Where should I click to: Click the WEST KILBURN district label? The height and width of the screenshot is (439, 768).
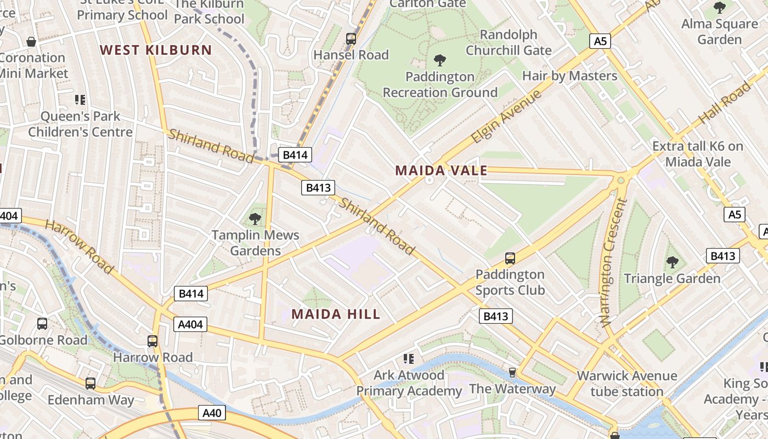tap(156, 50)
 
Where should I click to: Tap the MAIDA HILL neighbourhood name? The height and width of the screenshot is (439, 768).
tap(336, 314)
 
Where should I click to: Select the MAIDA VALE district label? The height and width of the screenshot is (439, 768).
tap(441, 170)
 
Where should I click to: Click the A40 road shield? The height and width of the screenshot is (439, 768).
tap(212, 413)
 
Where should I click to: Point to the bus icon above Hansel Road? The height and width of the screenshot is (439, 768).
tap(351, 39)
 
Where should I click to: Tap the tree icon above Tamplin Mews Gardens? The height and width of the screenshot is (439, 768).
tap(255, 219)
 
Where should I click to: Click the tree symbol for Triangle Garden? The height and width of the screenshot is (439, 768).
tap(672, 262)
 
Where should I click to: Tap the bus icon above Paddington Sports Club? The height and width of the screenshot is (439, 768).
tap(510, 258)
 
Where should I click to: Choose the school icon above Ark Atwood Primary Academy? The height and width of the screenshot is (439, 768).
tap(408, 359)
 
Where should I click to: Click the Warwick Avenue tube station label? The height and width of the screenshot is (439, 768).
tap(626, 384)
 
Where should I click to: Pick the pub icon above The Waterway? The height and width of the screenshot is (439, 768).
tap(512, 373)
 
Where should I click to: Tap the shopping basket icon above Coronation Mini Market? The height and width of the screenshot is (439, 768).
tap(32, 42)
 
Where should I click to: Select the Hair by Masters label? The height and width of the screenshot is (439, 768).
tap(569, 76)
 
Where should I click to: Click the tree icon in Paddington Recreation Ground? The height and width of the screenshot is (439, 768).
tap(439, 60)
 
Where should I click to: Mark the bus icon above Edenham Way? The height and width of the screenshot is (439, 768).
tap(91, 384)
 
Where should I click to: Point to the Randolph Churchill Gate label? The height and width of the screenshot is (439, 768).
tap(509, 42)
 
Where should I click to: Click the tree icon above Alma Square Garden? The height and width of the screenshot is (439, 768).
tap(719, 8)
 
